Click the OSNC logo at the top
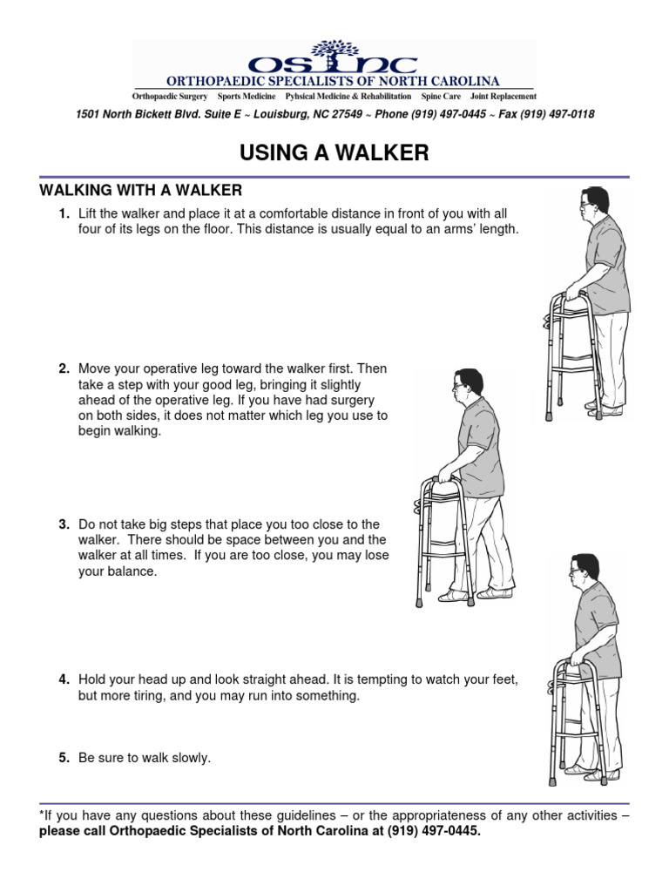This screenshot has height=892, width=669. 334,58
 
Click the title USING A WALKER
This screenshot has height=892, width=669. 334,153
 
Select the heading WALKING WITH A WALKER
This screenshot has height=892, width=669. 140,190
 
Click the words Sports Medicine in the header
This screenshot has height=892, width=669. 247,96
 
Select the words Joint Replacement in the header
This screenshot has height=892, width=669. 503,96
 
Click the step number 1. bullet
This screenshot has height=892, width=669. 64,213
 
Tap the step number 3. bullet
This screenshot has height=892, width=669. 64,524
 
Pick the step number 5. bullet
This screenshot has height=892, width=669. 64,758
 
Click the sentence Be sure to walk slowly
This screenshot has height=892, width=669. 145,758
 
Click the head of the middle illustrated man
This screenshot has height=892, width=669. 466,384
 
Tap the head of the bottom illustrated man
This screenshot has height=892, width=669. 584,570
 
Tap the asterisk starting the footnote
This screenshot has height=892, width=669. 42,815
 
